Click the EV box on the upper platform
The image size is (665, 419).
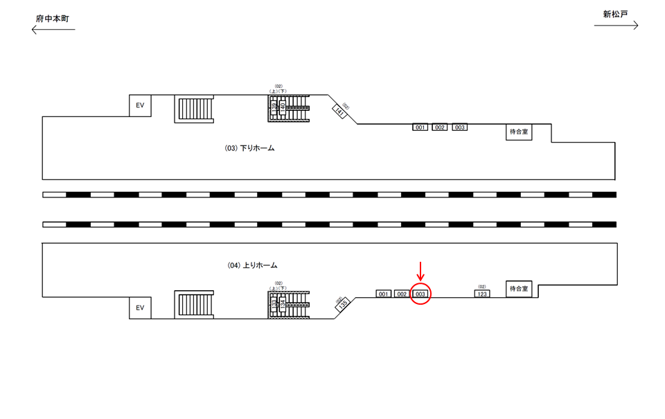point(140,105)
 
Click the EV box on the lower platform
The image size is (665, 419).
point(140,307)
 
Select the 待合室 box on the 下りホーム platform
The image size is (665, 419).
point(520,132)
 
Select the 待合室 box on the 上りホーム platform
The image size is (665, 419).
point(519,288)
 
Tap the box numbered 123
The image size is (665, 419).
point(482,294)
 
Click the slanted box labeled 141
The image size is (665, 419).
point(339,110)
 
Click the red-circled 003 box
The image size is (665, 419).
point(420,294)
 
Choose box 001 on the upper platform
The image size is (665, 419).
point(420,127)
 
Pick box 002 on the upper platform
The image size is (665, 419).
point(440,127)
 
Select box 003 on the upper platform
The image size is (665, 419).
point(460,127)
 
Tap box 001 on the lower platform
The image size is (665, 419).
point(384,294)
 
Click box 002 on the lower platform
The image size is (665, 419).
point(402,294)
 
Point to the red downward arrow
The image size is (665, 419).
point(420,271)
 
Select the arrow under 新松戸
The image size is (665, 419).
point(616,26)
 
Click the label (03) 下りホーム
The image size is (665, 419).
point(250,148)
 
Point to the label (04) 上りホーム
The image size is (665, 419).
point(252,265)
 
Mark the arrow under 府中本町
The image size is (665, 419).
point(53,29)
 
